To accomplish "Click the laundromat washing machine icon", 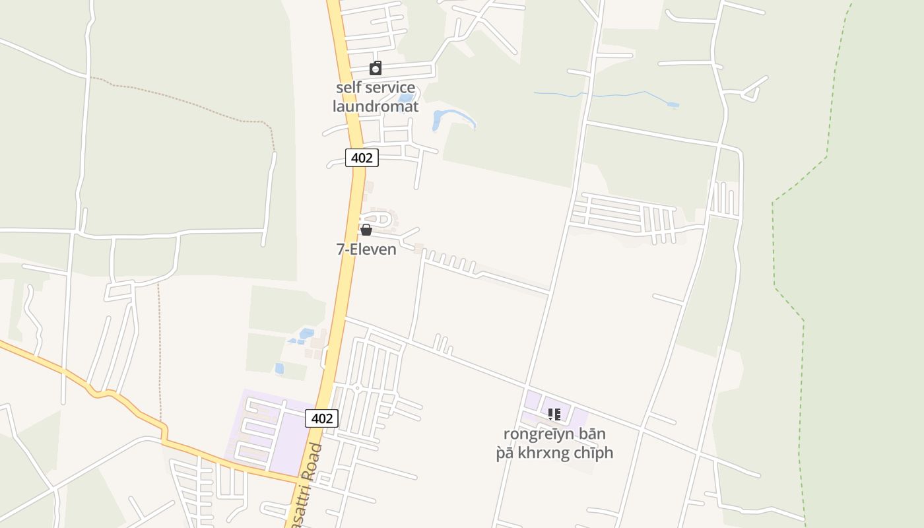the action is click(x=376, y=68).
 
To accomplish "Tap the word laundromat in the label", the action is click(x=375, y=106).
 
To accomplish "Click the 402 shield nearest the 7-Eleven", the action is click(x=362, y=158).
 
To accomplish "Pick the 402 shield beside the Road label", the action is click(x=321, y=418).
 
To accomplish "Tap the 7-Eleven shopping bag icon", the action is click(x=366, y=230).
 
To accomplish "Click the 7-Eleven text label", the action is click(x=366, y=249).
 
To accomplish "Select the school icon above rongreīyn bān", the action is click(x=554, y=414).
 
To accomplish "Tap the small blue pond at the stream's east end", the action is click(x=673, y=105).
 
